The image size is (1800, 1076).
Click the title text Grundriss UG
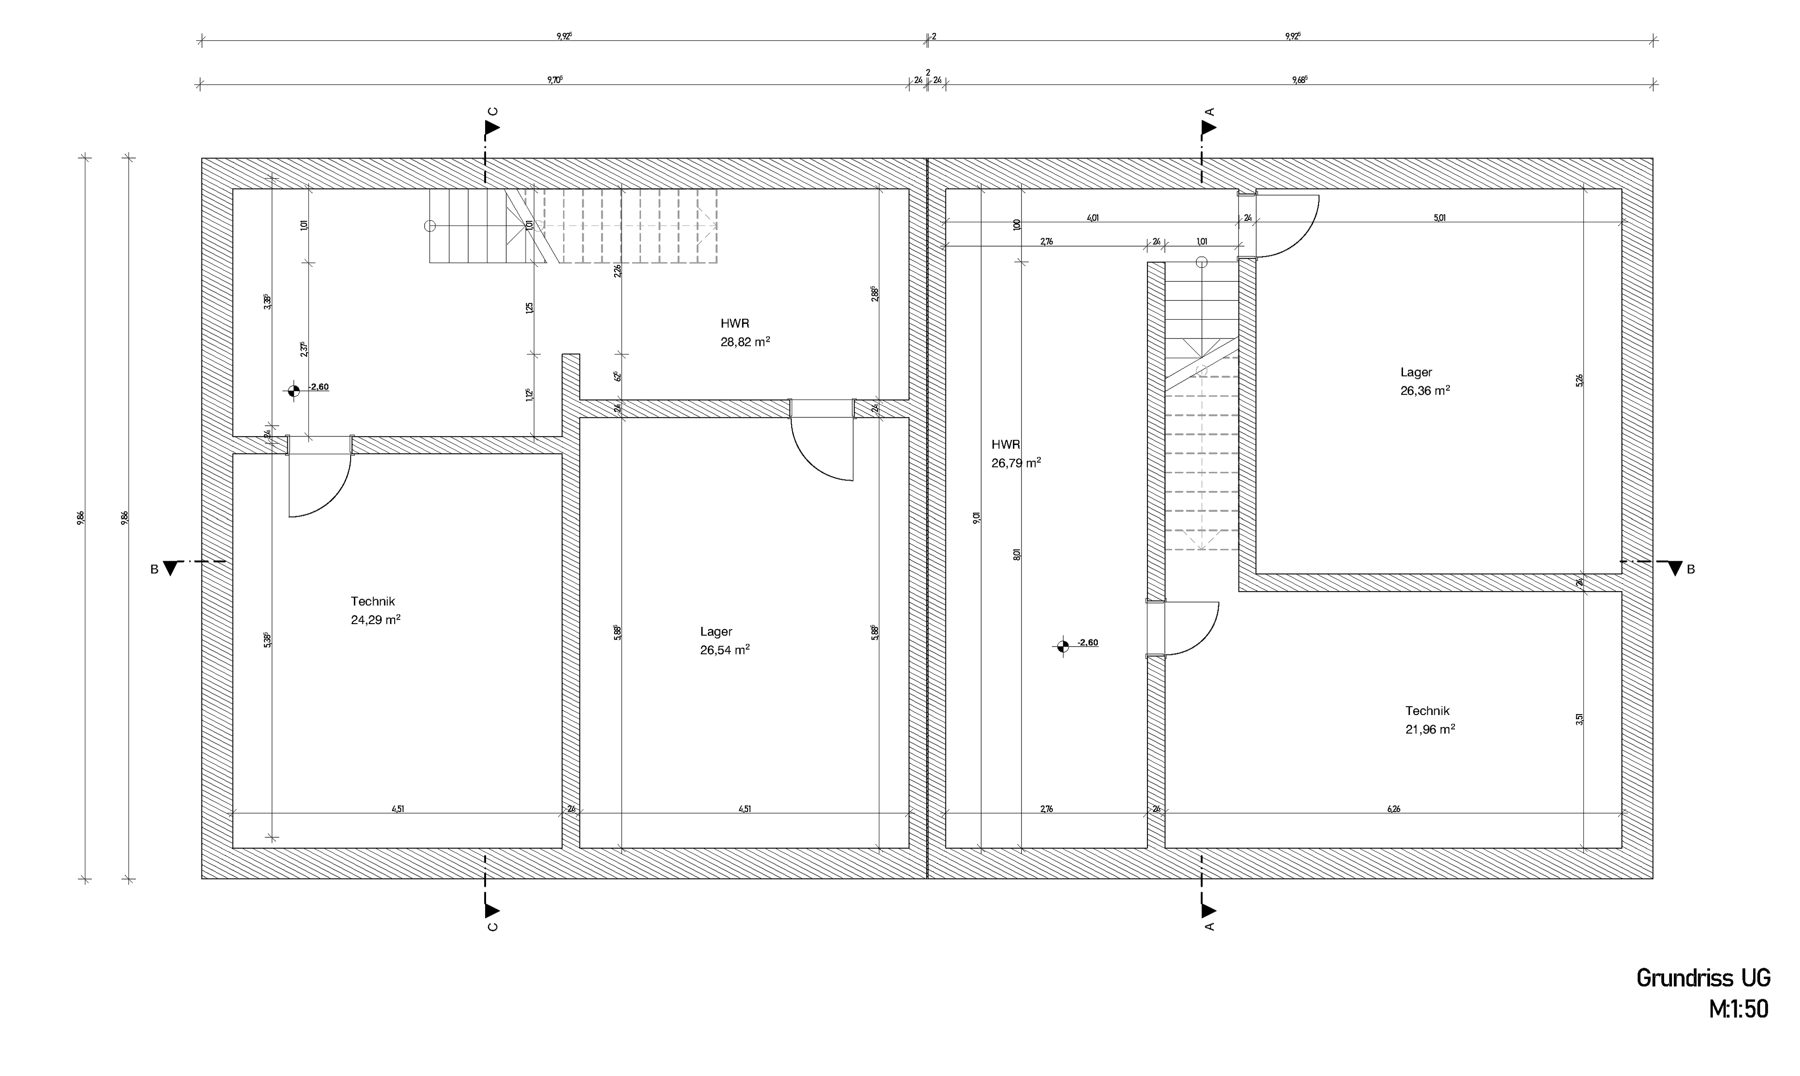tap(1703, 978)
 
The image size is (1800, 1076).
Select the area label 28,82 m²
tap(744, 341)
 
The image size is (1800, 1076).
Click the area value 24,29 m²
tap(375, 620)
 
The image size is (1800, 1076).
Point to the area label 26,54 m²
tap(724, 650)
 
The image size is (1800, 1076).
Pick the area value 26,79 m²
tap(1016, 463)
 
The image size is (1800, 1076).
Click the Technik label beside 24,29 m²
tap(373, 601)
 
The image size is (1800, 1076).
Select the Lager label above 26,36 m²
tap(1416, 372)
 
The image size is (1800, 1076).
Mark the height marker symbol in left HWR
tap(293, 391)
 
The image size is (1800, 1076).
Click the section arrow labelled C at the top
tap(492, 128)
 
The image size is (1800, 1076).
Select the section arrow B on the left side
tap(170, 568)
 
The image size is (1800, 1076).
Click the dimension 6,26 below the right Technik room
tap(1393, 809)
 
